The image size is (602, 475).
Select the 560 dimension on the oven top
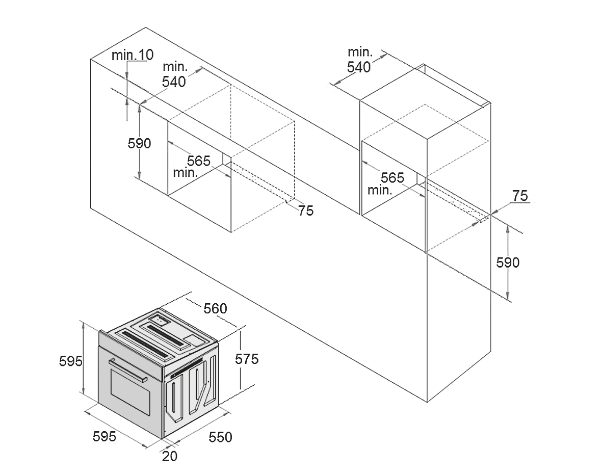[x=215, y=308]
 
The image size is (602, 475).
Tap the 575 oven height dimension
[x=247, y=359]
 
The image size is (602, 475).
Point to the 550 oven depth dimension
[x=220, y=437]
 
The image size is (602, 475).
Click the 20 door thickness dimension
[x=170, y=456]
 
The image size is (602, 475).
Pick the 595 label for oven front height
[x=71, y=361]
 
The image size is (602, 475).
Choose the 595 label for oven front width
[x=104, y=436]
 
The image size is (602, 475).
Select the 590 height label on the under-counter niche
[x=139, y=144]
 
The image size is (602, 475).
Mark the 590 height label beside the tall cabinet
[x=508, y=262]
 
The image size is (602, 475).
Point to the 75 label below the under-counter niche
[x=305, y=210]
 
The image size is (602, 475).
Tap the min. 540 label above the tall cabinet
[x=359, y=60]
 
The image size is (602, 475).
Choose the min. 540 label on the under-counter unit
[x=174, y=74]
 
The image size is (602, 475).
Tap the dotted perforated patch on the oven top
[x=161, y=321]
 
